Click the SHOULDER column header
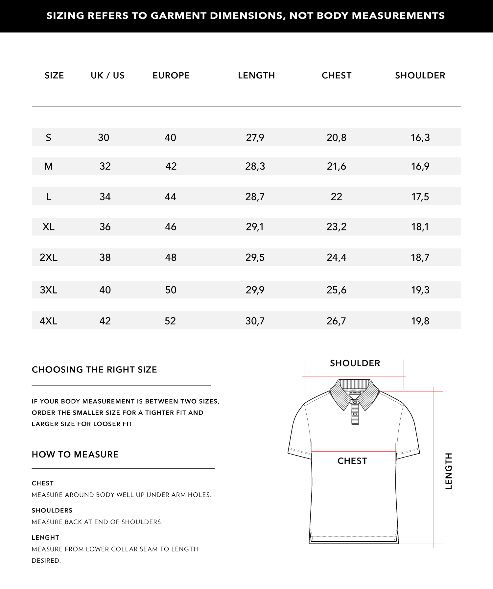coord(420,76)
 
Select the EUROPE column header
coord(171,76)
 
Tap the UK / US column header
coord(107,76)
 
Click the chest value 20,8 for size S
coord(336,137)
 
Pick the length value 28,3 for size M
coord(255,166)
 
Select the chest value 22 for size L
coord(336,197)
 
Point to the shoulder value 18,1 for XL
coord(420,227)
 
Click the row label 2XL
coord(49,257)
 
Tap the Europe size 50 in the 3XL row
coord(171,290)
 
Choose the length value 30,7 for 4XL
coord(255,321)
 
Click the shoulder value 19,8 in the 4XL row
coord(420,321)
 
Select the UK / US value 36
coord(105,227)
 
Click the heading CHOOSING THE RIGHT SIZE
coord(94,370)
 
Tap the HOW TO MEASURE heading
coord(75,455)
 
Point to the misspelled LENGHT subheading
coord(46,538)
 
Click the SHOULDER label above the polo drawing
coord(355,363)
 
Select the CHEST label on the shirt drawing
coord(352,461)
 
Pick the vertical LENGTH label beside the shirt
coord(449,471)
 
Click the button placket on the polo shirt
coord(355,413)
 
